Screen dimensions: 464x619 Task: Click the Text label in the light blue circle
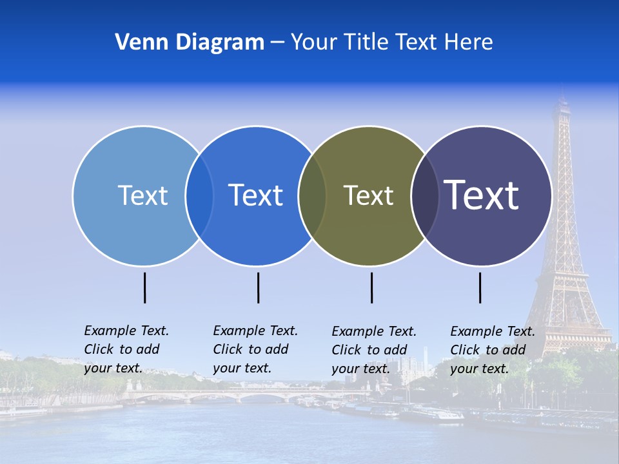[142, 195]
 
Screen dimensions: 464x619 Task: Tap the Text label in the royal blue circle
[256, 195]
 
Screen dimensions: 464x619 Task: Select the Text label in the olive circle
[368, 195]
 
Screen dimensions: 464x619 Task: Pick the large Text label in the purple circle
[482, 195]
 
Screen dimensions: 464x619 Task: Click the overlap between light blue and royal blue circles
[199, 195]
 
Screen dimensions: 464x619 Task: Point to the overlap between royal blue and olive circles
[312, 195]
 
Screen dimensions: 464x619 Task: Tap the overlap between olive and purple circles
[425, 195]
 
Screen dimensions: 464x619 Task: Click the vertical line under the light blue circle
[145, 287]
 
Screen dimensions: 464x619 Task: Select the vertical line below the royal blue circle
[258, 287]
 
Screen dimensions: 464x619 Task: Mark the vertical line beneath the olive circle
[371, 287]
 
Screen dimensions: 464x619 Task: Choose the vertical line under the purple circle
[480, 287]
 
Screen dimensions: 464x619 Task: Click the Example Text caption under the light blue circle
[126, 349]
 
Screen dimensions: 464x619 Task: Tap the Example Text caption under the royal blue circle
[255, 349]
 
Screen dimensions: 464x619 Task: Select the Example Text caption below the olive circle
[373, 350]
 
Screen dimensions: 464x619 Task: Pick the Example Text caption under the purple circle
[492, 350]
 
